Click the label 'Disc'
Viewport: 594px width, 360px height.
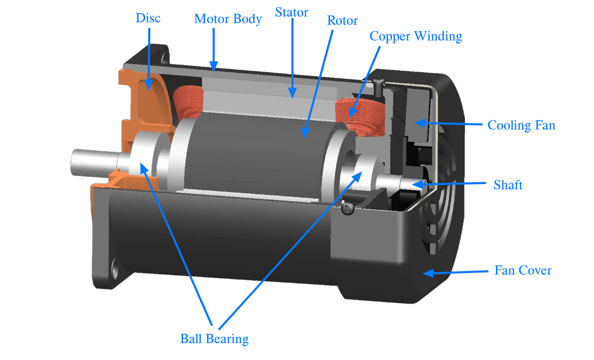click(x=148, y=18)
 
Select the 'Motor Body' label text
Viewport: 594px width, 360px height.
click(x=228, y=19)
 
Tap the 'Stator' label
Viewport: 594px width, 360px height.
click(x=292, y=13)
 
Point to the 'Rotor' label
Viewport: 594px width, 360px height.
click(x=342, y=21)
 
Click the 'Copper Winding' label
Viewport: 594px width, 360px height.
click(x=416, y=36)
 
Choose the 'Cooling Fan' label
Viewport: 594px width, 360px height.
click(x=521, y=125)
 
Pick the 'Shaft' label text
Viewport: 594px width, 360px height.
click(x=508, y=185)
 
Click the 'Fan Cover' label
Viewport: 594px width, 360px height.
click(x=523, y=271)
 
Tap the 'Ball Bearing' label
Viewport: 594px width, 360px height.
click(x=214, y=339)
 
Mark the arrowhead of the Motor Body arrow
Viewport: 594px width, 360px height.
click(x=214, y=67)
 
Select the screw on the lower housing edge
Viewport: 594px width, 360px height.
click(x=348, y=209)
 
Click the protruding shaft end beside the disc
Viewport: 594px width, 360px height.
click(x=89, y=162)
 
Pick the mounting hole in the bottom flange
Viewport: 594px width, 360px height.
click(x=114, y=271)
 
